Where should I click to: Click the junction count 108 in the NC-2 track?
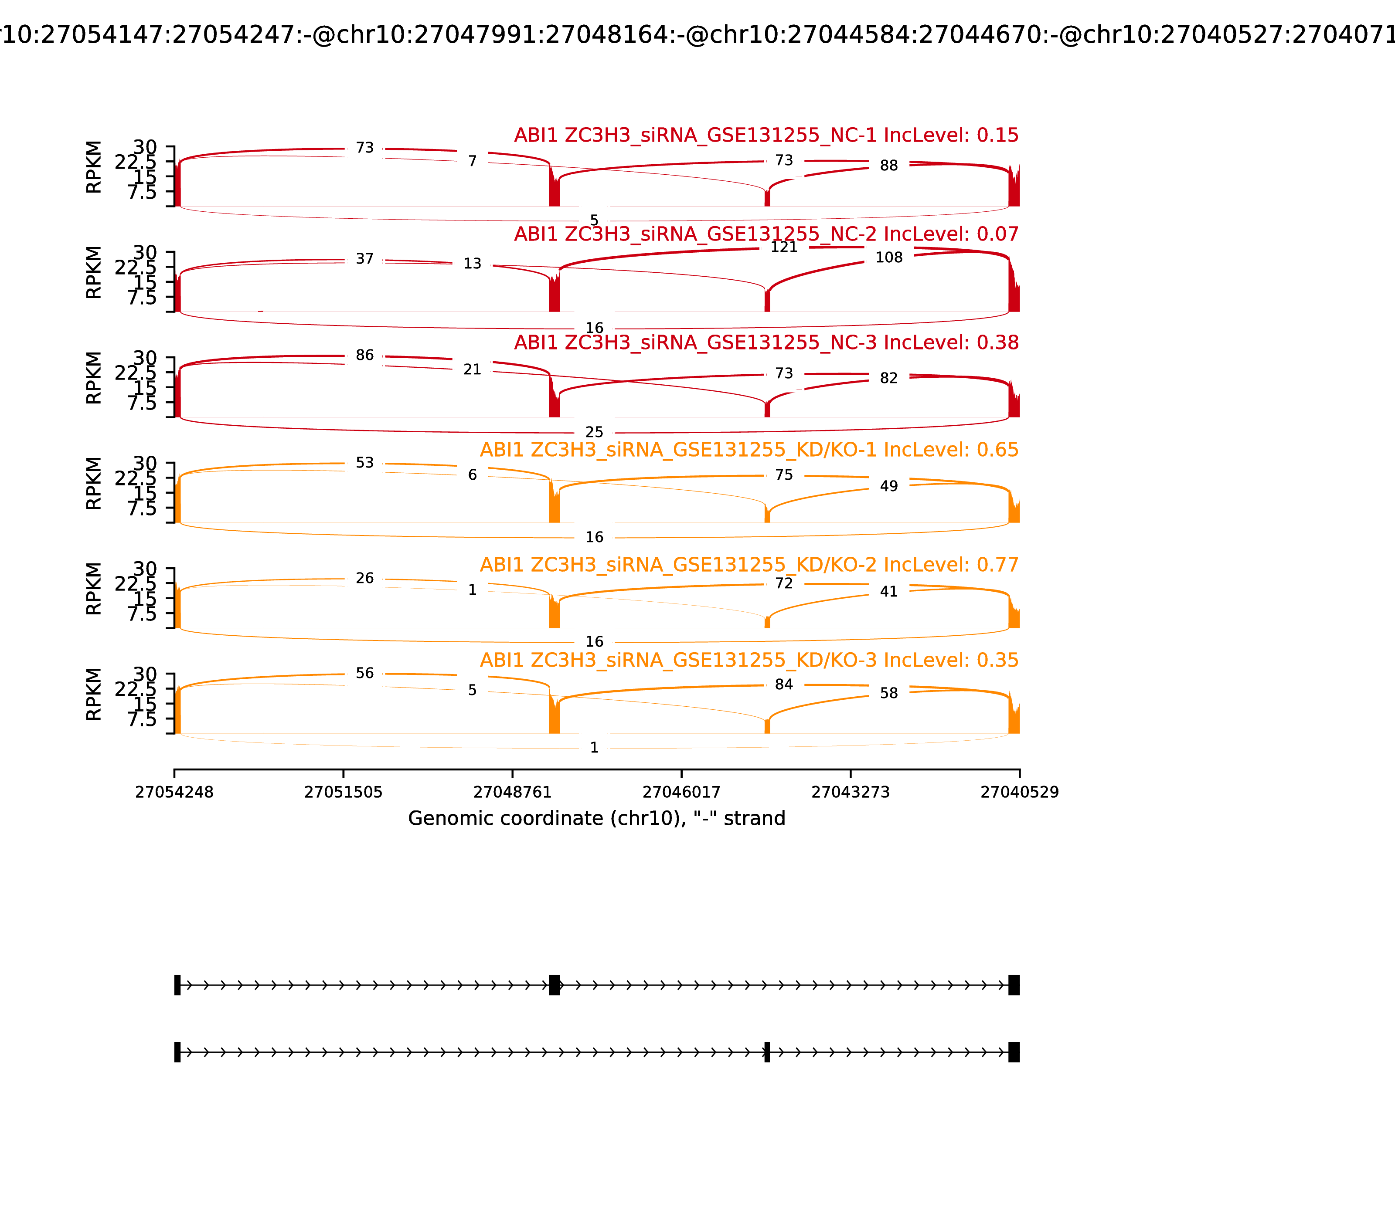(888, 258)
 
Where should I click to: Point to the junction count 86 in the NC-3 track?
(364, 356)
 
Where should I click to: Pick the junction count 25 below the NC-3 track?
(594, 432)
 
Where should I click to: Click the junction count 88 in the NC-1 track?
(888, 166)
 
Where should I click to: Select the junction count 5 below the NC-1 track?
(594, 220)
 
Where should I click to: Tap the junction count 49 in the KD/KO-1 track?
(888, 486)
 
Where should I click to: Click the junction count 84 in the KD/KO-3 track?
(783, 684)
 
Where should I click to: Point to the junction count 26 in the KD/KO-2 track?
(364, 579)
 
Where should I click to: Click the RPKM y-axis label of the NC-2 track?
(94, 272)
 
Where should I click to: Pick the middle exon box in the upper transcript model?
(555, 985)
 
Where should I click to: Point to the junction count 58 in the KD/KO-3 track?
(888, 694)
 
